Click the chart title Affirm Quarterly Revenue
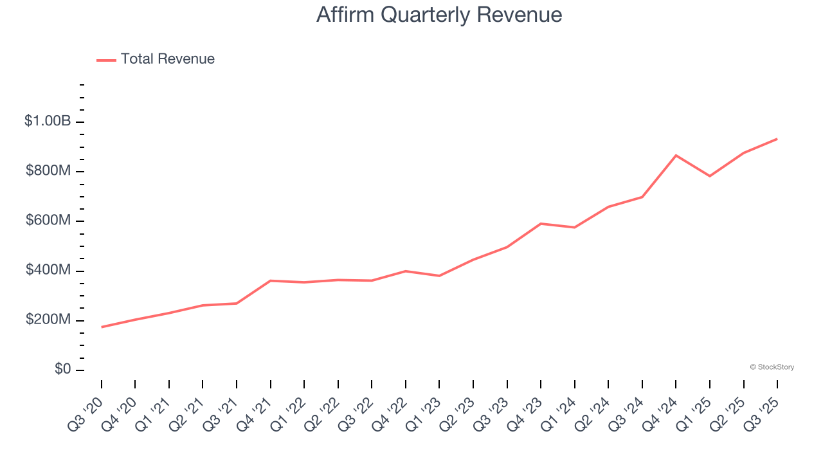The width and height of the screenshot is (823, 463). pos(439,15)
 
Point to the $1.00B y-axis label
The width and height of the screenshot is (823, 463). pos(48,121)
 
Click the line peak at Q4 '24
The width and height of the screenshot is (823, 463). pos(676,155)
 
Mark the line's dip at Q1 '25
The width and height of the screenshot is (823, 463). pos(710,176)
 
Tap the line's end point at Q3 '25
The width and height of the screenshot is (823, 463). pos(777,139)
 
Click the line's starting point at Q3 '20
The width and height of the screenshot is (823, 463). pos(102,327)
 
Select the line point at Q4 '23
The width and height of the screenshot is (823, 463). pos(541,224)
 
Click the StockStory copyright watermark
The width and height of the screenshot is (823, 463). pos(772,367)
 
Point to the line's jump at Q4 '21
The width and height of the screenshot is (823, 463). pos(271,280)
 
